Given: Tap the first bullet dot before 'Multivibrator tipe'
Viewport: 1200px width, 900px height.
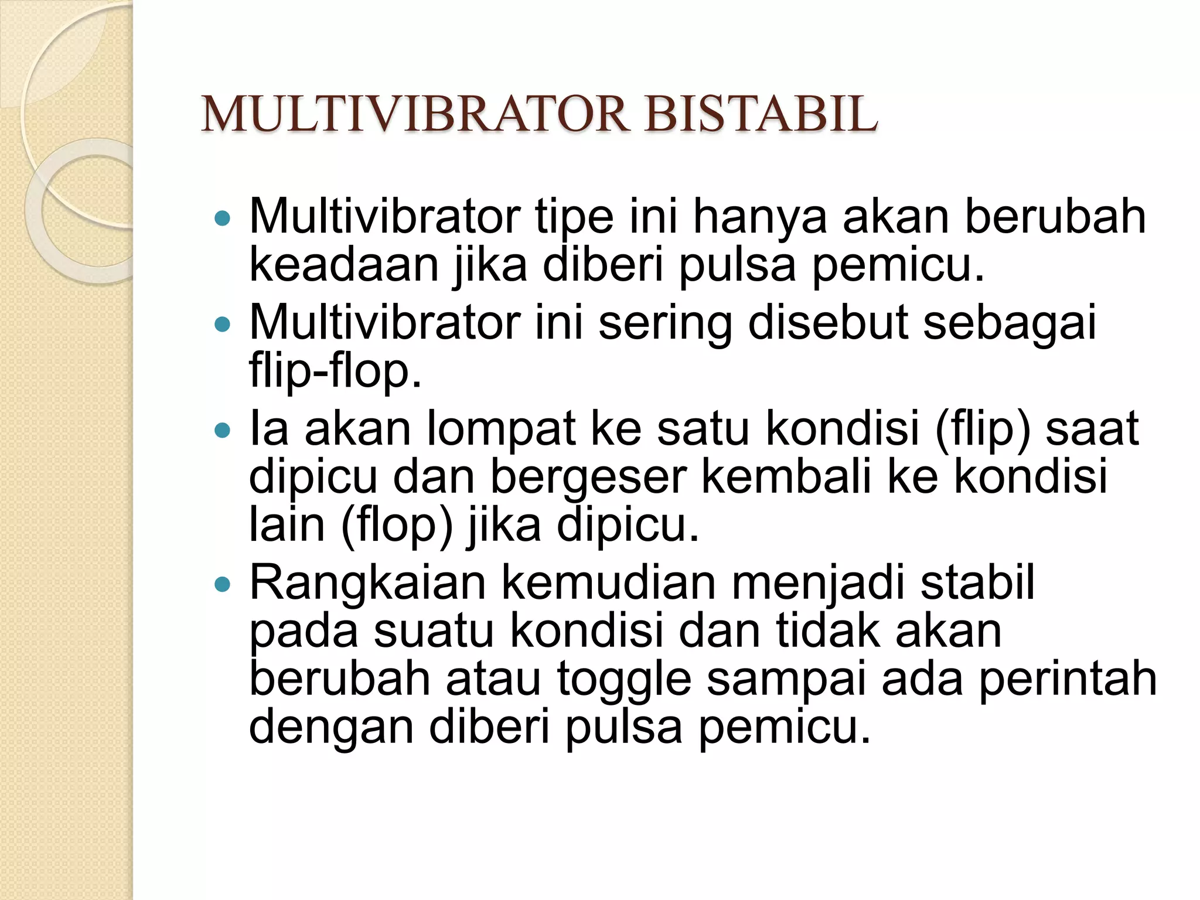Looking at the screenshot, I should pyautogui.click(x=223, y=219).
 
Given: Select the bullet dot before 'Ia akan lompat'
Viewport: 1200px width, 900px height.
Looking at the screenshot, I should pyautogui.click(x=223, y=431).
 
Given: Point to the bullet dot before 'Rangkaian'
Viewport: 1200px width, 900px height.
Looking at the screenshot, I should pyautogui.click(x=223, y=584).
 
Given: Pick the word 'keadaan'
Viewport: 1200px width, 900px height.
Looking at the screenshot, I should pyautogui.click(x=344, y=265).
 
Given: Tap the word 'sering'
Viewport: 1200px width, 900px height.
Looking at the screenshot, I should pyautogui.click(x=665, y=324).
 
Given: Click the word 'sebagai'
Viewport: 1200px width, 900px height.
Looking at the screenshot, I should pyautogui.click(x=1009, y=324).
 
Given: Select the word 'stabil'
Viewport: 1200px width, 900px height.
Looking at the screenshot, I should pyautogui.click(x=977, y=583).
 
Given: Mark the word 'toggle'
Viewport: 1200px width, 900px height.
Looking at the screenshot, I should pyautogui.click(x=623, y=680).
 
